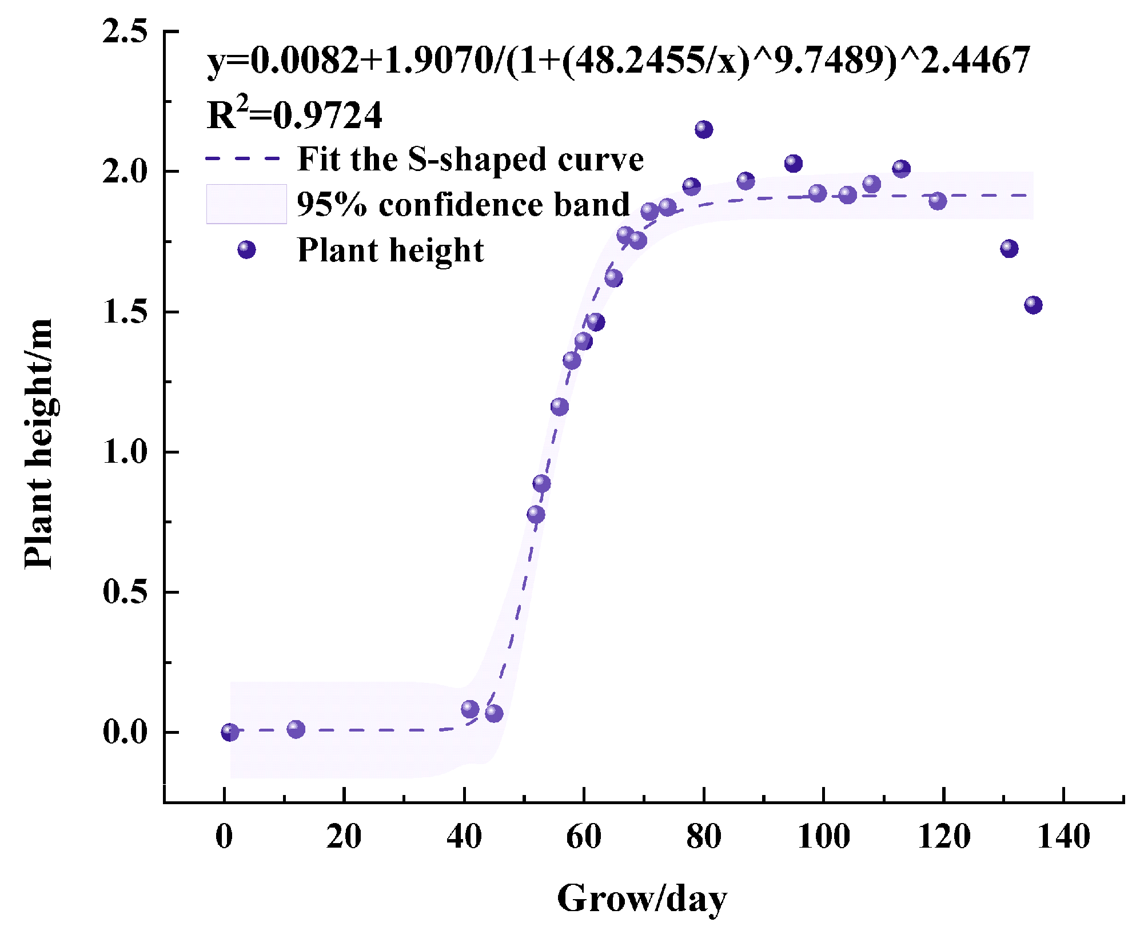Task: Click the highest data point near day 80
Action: (x=704, y=130)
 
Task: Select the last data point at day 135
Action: (x=1033, y=305)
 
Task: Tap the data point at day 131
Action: (x=1009, y=249)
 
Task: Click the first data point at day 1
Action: (x=230, y=732)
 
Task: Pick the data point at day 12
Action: (x=296, y=729)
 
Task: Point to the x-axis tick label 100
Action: (x=823, y=837)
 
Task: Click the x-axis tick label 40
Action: (x=464, y=837)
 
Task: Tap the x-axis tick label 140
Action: (x=1063, y=837)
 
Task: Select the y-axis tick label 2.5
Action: (x=125, y=31)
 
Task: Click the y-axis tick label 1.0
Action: (x=125, y=452)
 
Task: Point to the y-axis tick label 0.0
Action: (x=125, y=732)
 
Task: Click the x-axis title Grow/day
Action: (x=641, y=899)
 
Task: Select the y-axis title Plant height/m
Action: (x=39, y=444)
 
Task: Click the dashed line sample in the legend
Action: (x=243, y=158)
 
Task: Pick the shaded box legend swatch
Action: (x=246, y=204)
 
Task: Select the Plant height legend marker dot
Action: (x=246, y=250)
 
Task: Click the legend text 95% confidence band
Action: (x=463, y=204)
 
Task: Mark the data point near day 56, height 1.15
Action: (x=560, y=407)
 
